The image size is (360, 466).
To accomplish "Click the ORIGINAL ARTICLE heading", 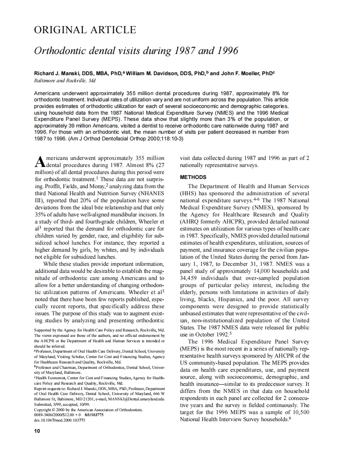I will tap(85, 30).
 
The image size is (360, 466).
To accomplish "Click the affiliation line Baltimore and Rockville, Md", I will tap(65, 81).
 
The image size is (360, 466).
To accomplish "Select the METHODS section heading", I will tap(193, 177).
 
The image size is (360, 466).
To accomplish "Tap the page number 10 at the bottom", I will tap(37, 431).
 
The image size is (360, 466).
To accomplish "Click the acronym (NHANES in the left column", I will tap(151, 193).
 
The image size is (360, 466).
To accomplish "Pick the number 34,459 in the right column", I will tap(192, 278).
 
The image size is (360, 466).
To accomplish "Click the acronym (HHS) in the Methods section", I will tap(190, 193).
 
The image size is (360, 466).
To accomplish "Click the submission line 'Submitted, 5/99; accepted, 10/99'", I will tap(62, 404).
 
